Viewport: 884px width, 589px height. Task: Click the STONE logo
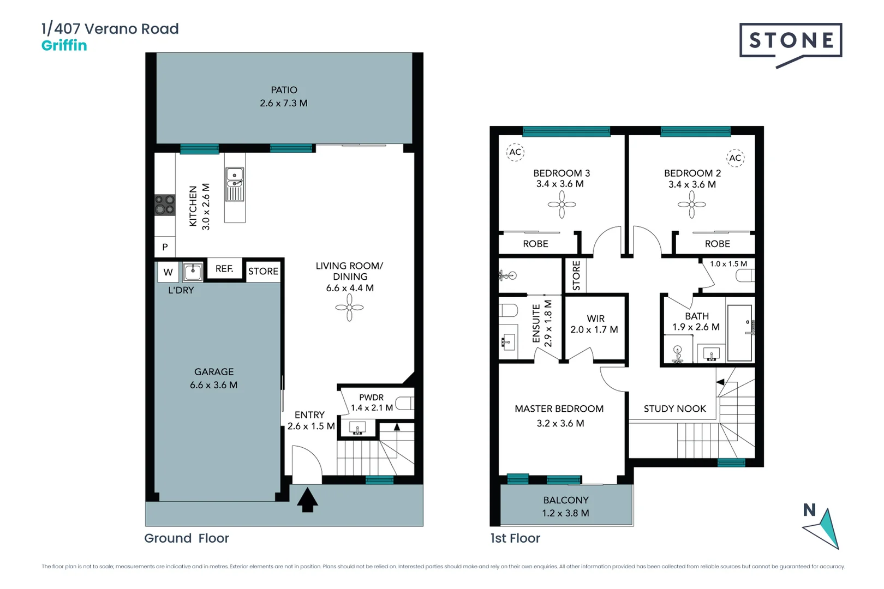pos(790,40)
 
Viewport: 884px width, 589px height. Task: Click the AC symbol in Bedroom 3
pos(515,152)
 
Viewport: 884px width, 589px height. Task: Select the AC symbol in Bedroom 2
pos(735,158)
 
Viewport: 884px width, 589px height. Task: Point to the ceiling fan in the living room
pos(349,308)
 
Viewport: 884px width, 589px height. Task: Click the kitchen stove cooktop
pos(164,205)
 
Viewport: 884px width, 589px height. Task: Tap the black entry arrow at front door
pos(307,500)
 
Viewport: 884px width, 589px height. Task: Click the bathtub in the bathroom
pos(740,333)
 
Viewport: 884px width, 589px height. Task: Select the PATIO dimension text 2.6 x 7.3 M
pos(284,103)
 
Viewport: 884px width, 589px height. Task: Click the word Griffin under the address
pos(64,45)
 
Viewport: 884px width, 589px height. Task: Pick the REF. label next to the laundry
pos(224,269)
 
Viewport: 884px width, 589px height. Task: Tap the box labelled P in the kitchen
pos(165,247)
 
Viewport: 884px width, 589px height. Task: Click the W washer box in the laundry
pos(168,272)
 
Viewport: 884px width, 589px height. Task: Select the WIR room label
pos(595,318)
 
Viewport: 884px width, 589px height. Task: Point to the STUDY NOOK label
pos(674,408)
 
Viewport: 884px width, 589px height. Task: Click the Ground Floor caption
pos(187,538)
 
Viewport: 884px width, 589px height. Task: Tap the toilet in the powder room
pos(404,404)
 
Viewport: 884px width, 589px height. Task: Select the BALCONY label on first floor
pos(566,500)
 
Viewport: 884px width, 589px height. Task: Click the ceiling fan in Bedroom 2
pos(691,205)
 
